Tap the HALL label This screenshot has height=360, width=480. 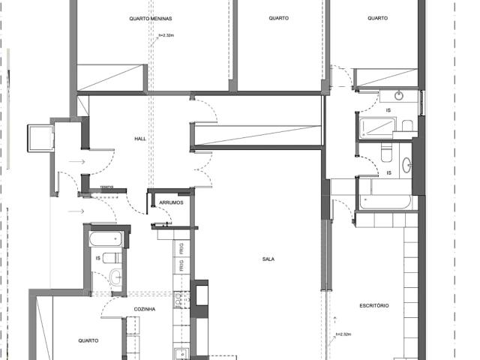[x=140, y=139]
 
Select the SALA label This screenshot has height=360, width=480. [x=268, y=259]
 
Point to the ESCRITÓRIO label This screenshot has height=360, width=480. [x=373, y=306]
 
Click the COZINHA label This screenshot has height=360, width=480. [x=144, y=308]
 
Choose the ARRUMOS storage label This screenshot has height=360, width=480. [x=171, y=203]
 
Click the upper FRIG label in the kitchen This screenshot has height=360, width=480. [x=181, y=247]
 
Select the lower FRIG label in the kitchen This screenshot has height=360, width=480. [x=181, y=265]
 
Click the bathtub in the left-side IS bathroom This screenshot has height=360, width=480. [x=106, y=239]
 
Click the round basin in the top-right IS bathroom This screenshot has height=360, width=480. [x=398, y=96]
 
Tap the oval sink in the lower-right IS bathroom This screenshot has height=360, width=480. [x=406, y=165]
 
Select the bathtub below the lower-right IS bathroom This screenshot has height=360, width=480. [x=385, y=201]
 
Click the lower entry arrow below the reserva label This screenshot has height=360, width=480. [x=76, y=211]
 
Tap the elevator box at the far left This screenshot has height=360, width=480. [x=37, y=137]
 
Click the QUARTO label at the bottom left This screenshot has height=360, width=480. [x=88, y=340]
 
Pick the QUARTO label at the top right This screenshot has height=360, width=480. [x=377, y=19]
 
